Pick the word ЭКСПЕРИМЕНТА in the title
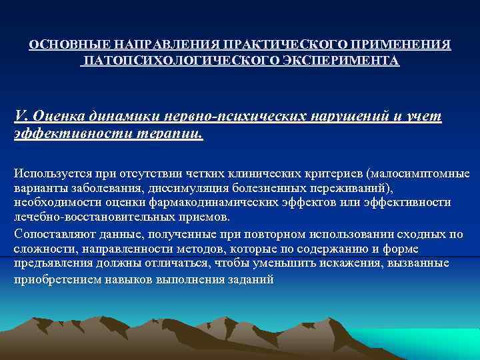coord(347,61)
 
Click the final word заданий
coord(251,279)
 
